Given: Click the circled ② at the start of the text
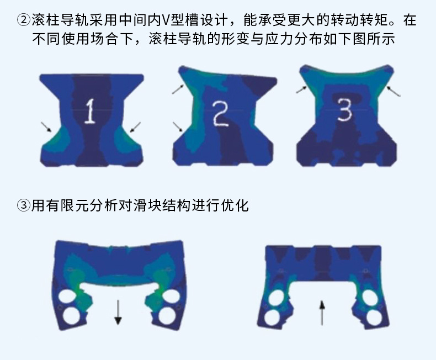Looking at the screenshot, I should pos(23,21).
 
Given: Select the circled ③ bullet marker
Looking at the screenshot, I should pos(23,206).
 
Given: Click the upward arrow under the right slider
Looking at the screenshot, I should pos(322,313).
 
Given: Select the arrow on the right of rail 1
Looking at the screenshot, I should pos(135,128).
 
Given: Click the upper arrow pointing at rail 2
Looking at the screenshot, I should pos(179,88).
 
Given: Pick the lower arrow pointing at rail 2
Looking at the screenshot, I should pos(178,126).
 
